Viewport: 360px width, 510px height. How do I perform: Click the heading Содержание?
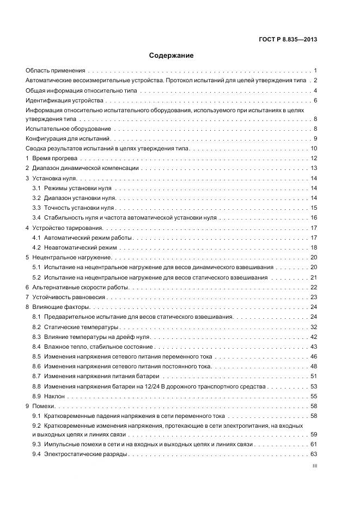pos(171,56)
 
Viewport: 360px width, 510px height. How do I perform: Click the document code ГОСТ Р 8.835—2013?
pos(288,39)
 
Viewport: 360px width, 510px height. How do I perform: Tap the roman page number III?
pos(314,466)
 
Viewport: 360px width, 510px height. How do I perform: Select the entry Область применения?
pos(56,71)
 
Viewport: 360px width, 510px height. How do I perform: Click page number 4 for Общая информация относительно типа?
pos(315,90)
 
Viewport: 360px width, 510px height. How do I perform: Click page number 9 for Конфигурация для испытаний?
pos(315,138)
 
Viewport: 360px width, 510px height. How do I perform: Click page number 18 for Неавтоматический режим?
pos(314,247)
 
